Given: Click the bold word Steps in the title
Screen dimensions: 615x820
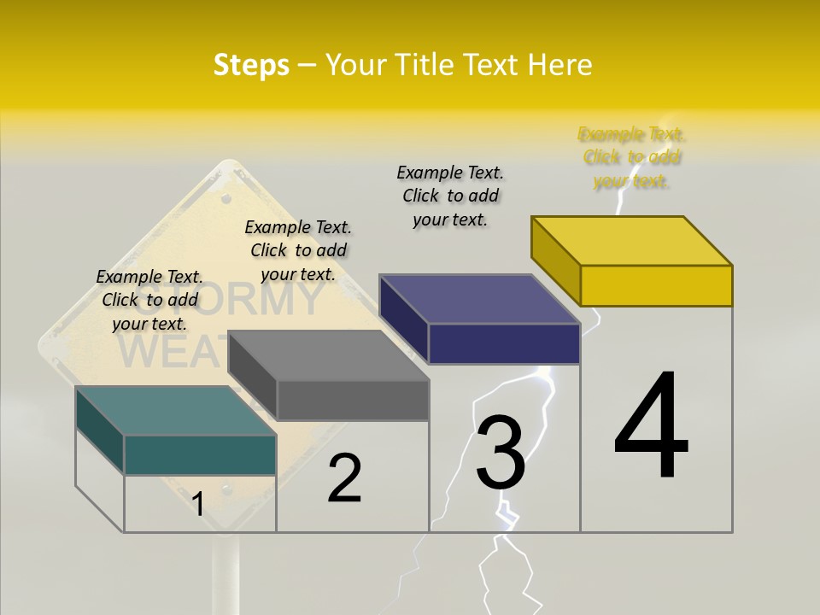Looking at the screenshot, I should [251, 65].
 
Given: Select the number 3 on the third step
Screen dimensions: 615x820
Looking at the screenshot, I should [500, 452].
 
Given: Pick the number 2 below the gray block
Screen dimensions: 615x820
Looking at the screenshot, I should [344, 478].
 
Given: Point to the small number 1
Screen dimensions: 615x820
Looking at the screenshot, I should [197, 504].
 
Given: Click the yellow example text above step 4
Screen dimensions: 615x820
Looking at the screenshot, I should [631, 157].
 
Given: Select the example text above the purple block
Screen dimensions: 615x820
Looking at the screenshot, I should [450, 196].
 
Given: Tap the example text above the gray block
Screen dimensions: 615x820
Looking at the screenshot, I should [298, 250].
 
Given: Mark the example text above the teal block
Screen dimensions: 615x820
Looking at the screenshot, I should [149, 300].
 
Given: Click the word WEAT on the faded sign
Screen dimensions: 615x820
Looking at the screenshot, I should [171, 352].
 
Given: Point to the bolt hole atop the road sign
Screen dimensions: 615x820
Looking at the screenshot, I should [226, 198].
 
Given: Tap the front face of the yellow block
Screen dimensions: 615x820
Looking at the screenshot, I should [656, 285].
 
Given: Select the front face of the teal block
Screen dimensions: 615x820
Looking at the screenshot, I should [200, 454].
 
